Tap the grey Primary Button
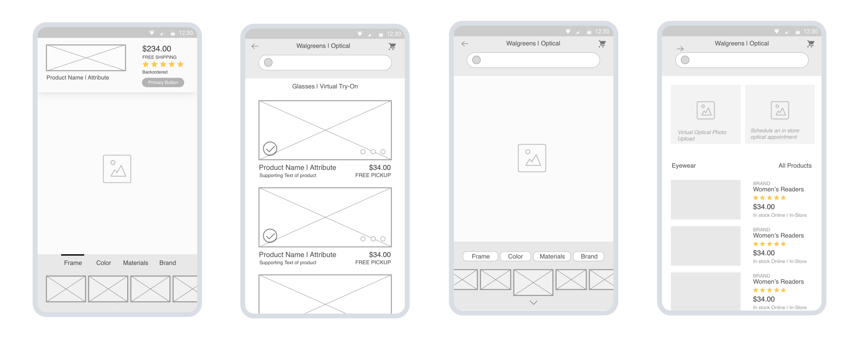point(163,82)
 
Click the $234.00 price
point(157,49)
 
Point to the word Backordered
point(155,72)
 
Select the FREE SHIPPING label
point(159,57)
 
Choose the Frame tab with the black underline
point(73,263)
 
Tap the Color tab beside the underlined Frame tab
point(103,263)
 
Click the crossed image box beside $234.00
point(86,58)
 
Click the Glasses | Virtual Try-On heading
point(325,86)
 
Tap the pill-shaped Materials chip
point(552,256)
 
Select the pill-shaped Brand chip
point(589,256)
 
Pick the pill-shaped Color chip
point(515,256)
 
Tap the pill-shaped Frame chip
point(480,256)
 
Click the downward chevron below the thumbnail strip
point(533,303)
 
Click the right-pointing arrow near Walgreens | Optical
point(680,49)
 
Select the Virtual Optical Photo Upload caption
point(702,135)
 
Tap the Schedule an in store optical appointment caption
point(774,134)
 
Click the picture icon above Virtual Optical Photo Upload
point(705,110)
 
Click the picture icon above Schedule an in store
point(780,110)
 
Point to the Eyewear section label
point(683,166)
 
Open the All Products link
point(795,166)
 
